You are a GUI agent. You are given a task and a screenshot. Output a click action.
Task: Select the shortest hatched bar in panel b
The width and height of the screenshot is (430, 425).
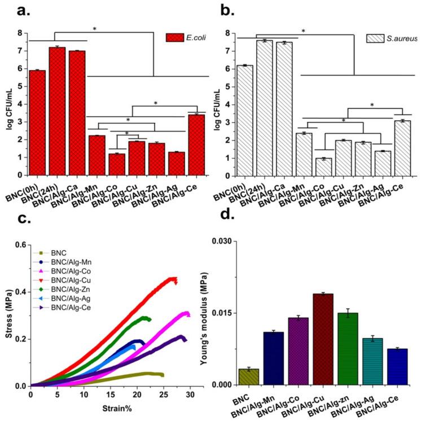(x=323, y=167)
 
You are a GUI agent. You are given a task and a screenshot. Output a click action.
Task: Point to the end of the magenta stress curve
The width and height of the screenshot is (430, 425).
(x=189, y=315)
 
